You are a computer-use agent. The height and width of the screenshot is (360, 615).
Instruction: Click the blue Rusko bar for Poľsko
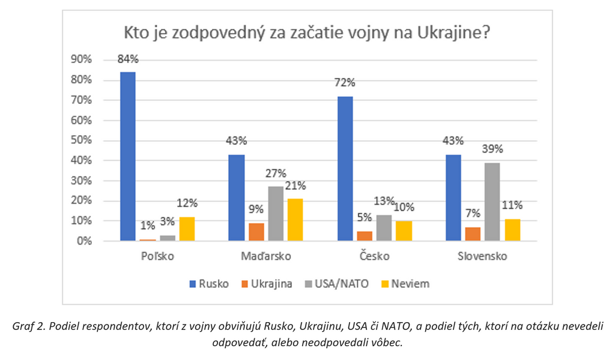tap(128, 156)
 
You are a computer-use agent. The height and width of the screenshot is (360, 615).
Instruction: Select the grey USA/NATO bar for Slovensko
tap(492, 202)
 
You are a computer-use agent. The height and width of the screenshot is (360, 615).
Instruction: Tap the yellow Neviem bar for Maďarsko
tap(295, 220)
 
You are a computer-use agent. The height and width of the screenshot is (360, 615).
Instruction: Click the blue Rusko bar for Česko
tap(345, 168)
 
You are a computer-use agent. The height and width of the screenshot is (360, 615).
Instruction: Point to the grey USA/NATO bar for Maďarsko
tap(276, 214)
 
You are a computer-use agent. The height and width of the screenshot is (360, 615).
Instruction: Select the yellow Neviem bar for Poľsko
tap(187, 229)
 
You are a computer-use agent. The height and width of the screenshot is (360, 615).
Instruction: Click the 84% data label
tap(128, 59)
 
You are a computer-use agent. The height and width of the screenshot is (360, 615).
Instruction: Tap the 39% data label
tap(492, 150)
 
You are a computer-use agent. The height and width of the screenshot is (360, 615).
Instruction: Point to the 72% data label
tap(345, 83)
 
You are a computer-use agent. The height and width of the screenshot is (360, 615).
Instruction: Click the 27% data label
tap(276, 173)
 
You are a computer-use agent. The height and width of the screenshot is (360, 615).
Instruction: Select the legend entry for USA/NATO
tap(337, 284)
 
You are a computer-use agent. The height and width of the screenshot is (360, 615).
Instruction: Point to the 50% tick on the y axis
tap(81, 141)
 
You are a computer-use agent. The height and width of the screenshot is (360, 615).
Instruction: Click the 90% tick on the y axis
tap(81, 59)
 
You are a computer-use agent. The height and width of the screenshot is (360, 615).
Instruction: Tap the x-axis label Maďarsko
tap(265, 257)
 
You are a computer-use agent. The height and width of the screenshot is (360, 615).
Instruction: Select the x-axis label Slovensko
tap(483, 257)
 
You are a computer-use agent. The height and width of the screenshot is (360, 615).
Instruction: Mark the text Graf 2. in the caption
tap(29, 326)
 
